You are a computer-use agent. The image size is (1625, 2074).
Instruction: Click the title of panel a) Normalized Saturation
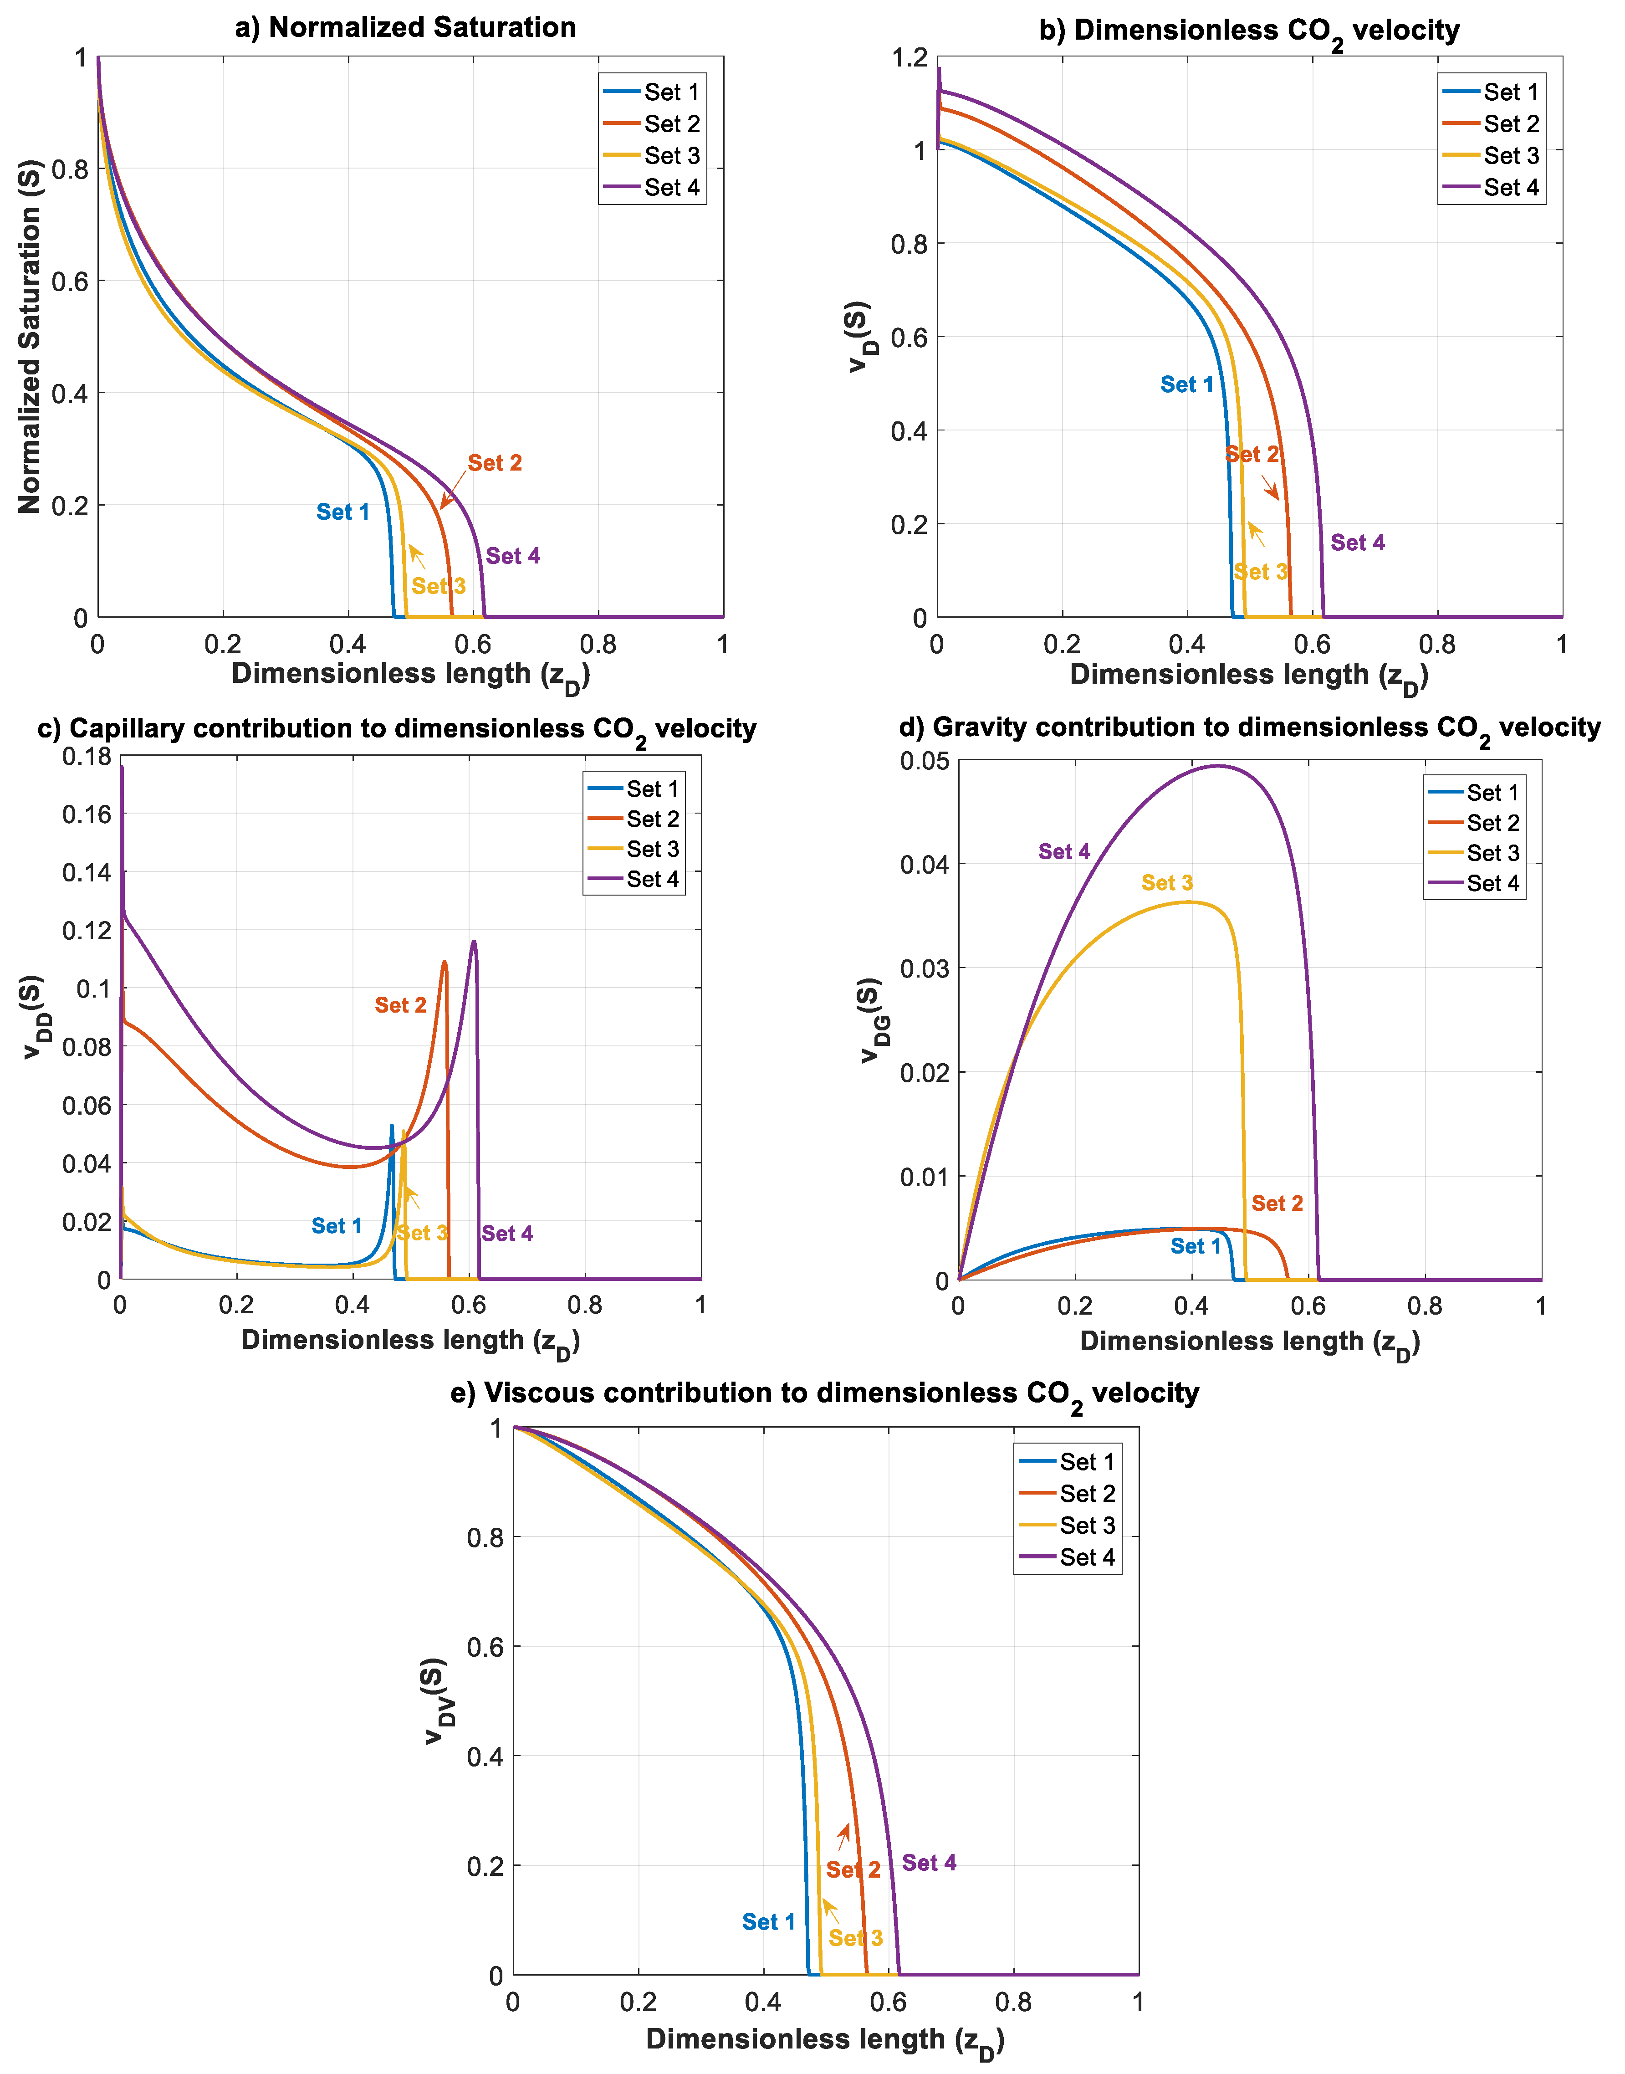[405, 28]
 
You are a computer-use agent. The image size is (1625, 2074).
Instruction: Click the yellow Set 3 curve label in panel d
[1166, 883]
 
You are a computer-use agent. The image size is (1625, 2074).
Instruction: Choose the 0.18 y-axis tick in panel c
[87, 756]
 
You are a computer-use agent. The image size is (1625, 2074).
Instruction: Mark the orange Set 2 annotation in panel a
[495, 463]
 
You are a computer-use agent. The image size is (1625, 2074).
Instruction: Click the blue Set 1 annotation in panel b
[1186, 384]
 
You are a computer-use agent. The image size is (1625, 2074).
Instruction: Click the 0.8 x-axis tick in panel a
[598, 645]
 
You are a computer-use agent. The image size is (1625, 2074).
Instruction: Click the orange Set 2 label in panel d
[1277, 1203]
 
